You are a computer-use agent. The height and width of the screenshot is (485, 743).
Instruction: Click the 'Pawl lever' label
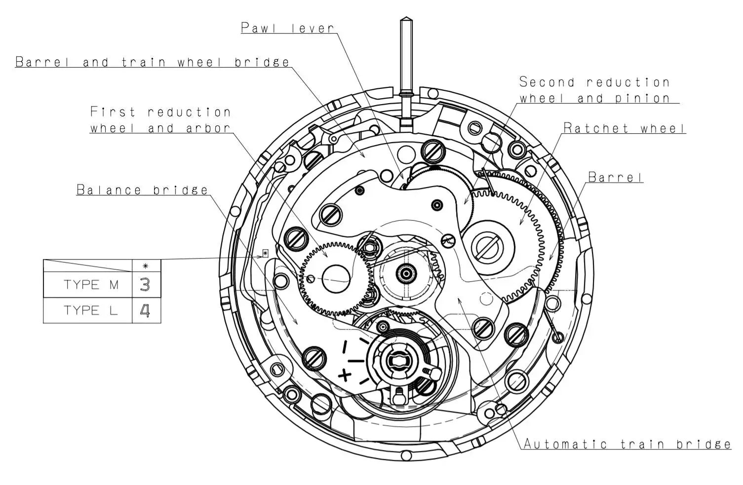[x=288, y=28]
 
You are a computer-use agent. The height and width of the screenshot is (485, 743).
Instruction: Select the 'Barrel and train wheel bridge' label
[x=153, y=62]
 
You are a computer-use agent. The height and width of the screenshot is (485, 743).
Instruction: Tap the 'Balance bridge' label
[x=142, y=190]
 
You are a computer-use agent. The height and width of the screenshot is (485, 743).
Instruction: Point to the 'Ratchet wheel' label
[x=625, y=128]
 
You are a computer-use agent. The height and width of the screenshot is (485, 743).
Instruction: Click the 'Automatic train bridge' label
[x=627, y=444]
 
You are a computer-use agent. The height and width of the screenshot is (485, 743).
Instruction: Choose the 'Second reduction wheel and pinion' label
[x=595, y=90]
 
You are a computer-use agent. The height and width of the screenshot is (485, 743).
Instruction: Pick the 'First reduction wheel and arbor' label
[x=160, y=120]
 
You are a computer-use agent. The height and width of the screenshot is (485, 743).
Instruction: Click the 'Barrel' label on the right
[x=615, y=177]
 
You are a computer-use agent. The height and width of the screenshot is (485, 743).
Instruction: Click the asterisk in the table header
[x=146, y=266]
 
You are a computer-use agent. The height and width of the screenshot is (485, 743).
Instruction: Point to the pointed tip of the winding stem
[x=406, y=20]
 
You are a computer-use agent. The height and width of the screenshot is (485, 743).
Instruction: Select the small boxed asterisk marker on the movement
[x=266, y=253]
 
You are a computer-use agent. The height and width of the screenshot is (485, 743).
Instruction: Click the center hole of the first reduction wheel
[x=336, y=278]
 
